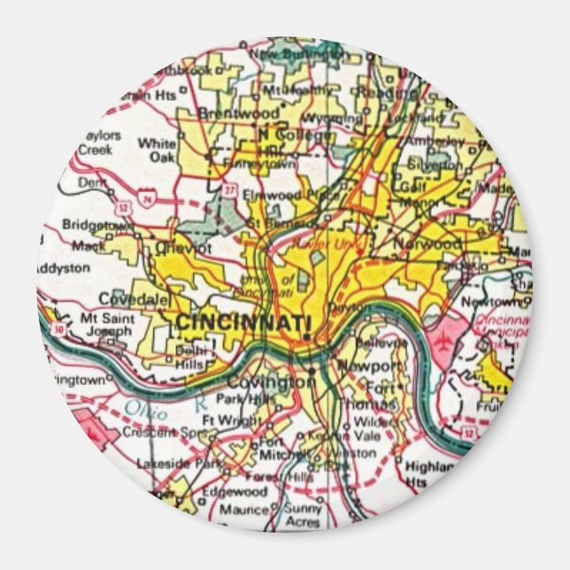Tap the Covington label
coord(258,381)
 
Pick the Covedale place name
coord(133,299)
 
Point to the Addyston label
coord(64,266)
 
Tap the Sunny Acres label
coord(303,514)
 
